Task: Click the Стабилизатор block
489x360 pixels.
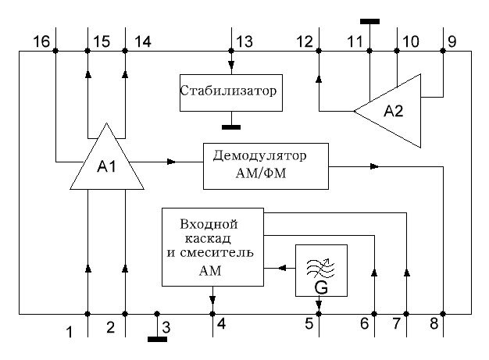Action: point(231,93)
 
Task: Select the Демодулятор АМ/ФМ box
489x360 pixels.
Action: point(266,166)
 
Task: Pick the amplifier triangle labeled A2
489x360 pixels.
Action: point(387,111)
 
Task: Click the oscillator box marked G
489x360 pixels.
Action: point(321,270)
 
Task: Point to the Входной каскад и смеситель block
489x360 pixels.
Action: point(212,248)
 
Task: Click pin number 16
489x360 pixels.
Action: point(41,41)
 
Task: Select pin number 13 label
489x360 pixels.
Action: point(244,41)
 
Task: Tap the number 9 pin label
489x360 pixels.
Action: point(452,41)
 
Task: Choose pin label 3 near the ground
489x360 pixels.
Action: point(166,327)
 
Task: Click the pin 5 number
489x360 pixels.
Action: point(309,323)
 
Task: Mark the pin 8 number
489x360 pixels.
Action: point(434,323)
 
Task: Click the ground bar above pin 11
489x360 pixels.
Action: point(369,22)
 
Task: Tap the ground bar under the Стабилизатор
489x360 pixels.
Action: point(231,127)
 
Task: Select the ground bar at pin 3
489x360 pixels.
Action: point(157,340)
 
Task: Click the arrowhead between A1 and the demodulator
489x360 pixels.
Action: point(172,162)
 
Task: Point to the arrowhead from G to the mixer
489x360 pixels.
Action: point(283,268)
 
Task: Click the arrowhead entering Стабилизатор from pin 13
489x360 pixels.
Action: point(231,65)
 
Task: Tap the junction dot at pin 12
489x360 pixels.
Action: point(319,51)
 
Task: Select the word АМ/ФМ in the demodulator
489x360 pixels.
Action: point(261,173)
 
